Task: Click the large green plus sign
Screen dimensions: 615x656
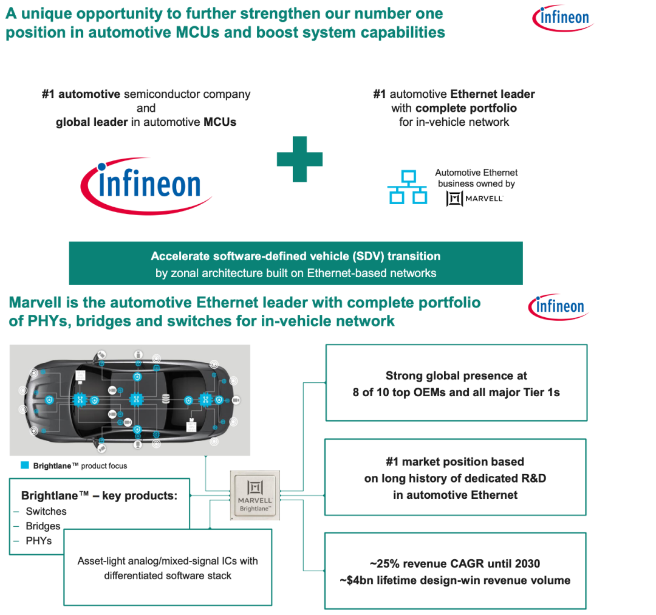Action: click(299, 159)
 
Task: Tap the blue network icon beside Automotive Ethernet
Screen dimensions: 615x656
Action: click(408, 187)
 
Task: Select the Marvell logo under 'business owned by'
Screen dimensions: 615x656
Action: click(475, 198)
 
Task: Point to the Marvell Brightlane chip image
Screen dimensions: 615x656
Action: click(255, 495)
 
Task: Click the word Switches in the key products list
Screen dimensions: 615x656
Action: click(46, 512)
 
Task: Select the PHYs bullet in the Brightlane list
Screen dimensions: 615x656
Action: click(38, 541)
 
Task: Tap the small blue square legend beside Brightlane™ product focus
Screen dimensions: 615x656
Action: click(25, 466)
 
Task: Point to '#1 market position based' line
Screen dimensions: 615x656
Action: click(455, 462)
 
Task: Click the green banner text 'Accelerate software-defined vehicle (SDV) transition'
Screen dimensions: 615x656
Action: click(295, 256)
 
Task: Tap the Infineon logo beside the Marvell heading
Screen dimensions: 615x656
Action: click(558, 307)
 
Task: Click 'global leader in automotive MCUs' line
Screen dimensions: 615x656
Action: click(146, 122)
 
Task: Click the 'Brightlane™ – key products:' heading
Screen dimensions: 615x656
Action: click(99, 495)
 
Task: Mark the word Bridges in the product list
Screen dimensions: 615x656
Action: click(43, 526)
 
